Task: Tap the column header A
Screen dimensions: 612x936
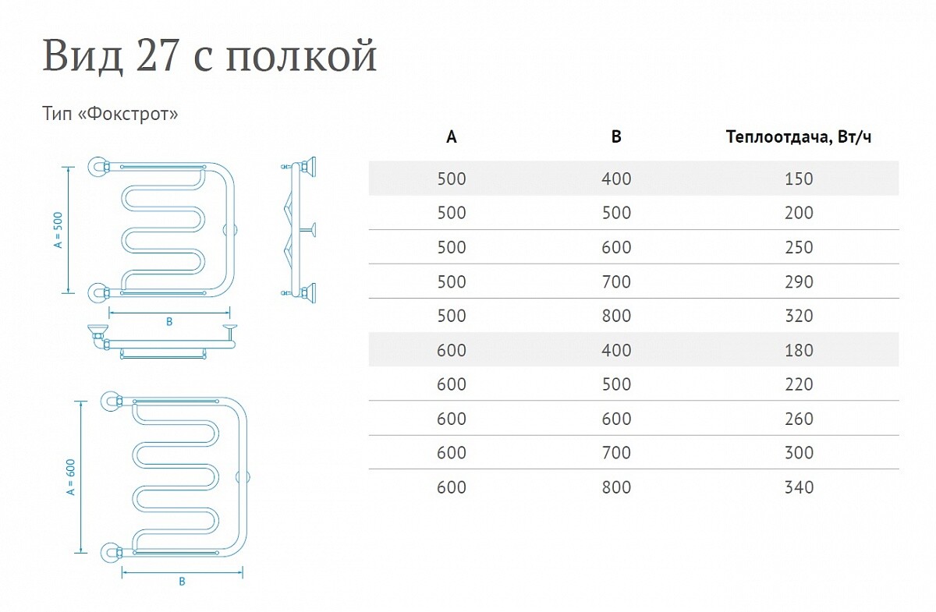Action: pyautogui.click(x=452, y=137)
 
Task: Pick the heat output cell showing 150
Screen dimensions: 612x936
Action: pyautogui.click(x=799, y=179)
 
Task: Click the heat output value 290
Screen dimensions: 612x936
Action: pyautogui.click(x=799, y=281)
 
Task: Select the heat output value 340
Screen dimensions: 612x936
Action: pyautogui.click(x=799, y=487)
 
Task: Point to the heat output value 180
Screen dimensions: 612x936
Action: pyautogui.click(x=799, y=350)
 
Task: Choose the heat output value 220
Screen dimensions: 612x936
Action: pyautogui.click(x=799, y=384)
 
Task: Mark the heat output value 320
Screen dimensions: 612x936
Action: pyautogui.click(x=799, y=316)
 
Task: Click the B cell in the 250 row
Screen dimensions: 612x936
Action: pyautogui.click(x=616, y=247)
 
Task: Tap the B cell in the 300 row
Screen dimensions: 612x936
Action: pyautogui.click(x=616, y=453)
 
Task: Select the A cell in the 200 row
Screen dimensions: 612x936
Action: pyautogui.click(x=452, y=213)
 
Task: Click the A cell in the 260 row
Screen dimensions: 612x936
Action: pyautogui.click(x=452, y=419)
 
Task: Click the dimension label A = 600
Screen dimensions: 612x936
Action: pyautogui.click(x=71, y=477)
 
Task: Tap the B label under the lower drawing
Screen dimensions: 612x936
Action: pyautogui.click(x=182, y=582)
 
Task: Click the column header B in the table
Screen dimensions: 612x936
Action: pyautogui.click(x=616, y=137)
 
